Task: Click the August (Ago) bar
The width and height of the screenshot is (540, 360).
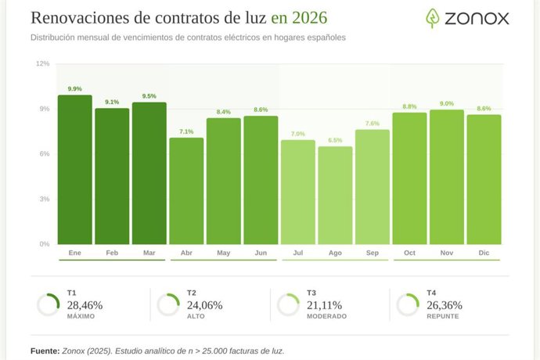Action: point(335,196)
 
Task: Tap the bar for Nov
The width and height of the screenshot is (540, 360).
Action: point(447,177)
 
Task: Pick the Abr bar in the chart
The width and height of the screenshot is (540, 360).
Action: point(186,191)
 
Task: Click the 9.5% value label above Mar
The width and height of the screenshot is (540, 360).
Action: point(149,96)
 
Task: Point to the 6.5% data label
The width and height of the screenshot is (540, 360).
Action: point(335,140)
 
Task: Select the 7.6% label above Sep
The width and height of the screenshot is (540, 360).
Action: point(373,124)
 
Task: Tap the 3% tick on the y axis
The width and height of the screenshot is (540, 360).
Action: point(44,199)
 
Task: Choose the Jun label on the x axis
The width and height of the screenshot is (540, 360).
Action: point(261,254)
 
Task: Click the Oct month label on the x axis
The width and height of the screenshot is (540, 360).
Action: point(409,254)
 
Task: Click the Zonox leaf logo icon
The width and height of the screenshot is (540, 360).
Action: point(433,18)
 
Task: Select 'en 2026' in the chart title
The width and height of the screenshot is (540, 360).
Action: point(299,17)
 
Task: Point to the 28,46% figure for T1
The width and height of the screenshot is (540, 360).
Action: point(85,305)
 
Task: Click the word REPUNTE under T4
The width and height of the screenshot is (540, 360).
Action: point(443,317)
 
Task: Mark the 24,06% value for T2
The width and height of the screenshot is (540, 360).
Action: point(204,305)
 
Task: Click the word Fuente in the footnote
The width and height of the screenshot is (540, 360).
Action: point(44,351)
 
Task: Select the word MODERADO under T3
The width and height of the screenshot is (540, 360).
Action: point(326,317)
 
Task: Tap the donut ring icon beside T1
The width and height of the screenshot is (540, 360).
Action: point(48,304)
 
